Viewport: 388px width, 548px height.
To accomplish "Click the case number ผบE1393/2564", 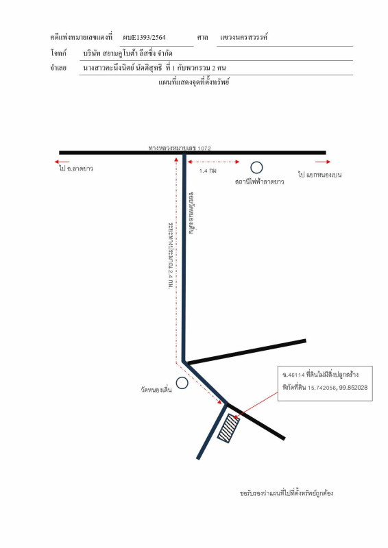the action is pyautogui.click(x=144, y=38).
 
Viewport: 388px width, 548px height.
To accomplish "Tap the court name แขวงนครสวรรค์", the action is pyautogui.click(x=243, y=37).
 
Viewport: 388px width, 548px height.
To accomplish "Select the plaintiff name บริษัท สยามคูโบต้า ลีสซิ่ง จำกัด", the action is pyautogui.click(x=128, y=53).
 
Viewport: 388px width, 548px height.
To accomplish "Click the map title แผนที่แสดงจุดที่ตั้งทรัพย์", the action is pyautogui.click(x=194, y=82).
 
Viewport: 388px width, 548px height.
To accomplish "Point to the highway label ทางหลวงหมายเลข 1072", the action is pyautogui.click(x=180, y=148).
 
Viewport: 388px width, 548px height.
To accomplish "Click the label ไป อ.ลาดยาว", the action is pyautogui.click(x=76, y=169).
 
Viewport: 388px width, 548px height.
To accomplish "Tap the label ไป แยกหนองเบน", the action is pyautogui.click(x=319, y=175).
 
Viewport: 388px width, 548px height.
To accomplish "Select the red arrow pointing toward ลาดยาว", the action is pyautogui.click(x=62, y=162).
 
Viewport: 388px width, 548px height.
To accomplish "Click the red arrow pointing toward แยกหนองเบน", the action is pyautogui.click(x=323, y=162).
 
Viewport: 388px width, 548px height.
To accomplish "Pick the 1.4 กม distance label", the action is pyautogui.click(x=208, y=171).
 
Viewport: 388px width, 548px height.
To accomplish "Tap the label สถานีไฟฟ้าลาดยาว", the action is pyautogui.click(x=259, y=182).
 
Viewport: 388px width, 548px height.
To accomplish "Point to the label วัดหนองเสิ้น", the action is pyautogui.click(x=156, y=390).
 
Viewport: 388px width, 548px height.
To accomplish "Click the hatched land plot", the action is pyautogui.click(x=229, y=429).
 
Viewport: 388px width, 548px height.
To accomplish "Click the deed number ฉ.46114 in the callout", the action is pyautogui.click(x=293, y=375).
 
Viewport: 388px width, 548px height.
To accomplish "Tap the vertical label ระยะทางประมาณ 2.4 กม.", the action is pyautogui.click(x=171, y=256).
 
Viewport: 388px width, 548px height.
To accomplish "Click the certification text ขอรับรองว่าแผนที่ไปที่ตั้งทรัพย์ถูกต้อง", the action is pyautogui.click(x=286, y=493).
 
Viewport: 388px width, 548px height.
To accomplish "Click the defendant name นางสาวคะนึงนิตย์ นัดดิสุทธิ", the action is pyautogui.click(x=123, y=68).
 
